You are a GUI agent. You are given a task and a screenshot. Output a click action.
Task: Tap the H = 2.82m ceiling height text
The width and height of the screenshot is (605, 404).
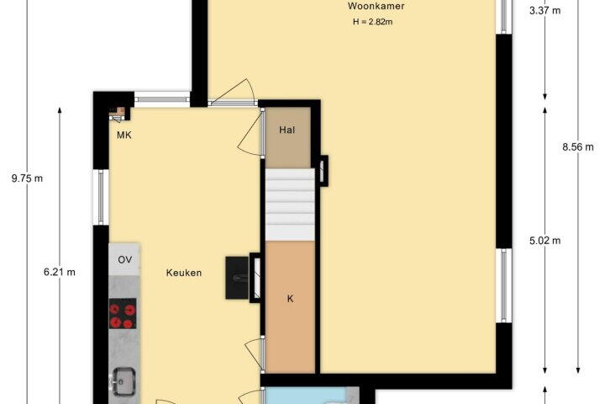point(373,22)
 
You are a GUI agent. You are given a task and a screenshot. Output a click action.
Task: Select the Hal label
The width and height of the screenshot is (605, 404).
point(287,130)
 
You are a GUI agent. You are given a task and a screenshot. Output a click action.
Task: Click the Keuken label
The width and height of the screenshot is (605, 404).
point(184,273)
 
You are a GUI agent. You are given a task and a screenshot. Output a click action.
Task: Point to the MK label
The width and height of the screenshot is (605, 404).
point(124,135)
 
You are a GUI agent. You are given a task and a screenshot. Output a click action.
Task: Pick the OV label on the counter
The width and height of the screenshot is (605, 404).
point(124,260)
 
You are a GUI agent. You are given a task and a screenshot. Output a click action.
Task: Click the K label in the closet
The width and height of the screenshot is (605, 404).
point(290,299)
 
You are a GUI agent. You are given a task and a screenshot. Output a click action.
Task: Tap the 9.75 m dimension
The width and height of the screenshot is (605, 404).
point(27,178)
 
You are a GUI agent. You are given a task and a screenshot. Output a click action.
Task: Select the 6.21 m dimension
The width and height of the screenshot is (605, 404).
point(60,272)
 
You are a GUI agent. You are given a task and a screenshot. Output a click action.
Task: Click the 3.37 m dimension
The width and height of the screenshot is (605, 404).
point(544,10)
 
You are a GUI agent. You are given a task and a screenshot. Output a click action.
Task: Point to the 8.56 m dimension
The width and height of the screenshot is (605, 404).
point(577,147)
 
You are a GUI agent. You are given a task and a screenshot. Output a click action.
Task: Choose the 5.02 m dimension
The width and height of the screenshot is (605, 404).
point(544,241)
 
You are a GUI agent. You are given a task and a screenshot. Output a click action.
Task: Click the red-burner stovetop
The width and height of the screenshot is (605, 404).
point(123,314)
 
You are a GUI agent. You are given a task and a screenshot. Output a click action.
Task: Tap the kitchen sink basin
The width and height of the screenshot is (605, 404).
point(124,381)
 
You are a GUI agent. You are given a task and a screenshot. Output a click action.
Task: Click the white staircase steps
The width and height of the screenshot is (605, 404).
point(290,205)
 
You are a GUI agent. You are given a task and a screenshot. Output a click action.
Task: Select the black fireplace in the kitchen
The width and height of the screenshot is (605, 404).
point(237,278)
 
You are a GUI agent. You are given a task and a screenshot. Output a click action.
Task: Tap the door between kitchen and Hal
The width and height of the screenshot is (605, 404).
point(250,131)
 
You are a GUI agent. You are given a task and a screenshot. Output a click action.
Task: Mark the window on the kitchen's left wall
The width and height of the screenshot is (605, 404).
point(101,197)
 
